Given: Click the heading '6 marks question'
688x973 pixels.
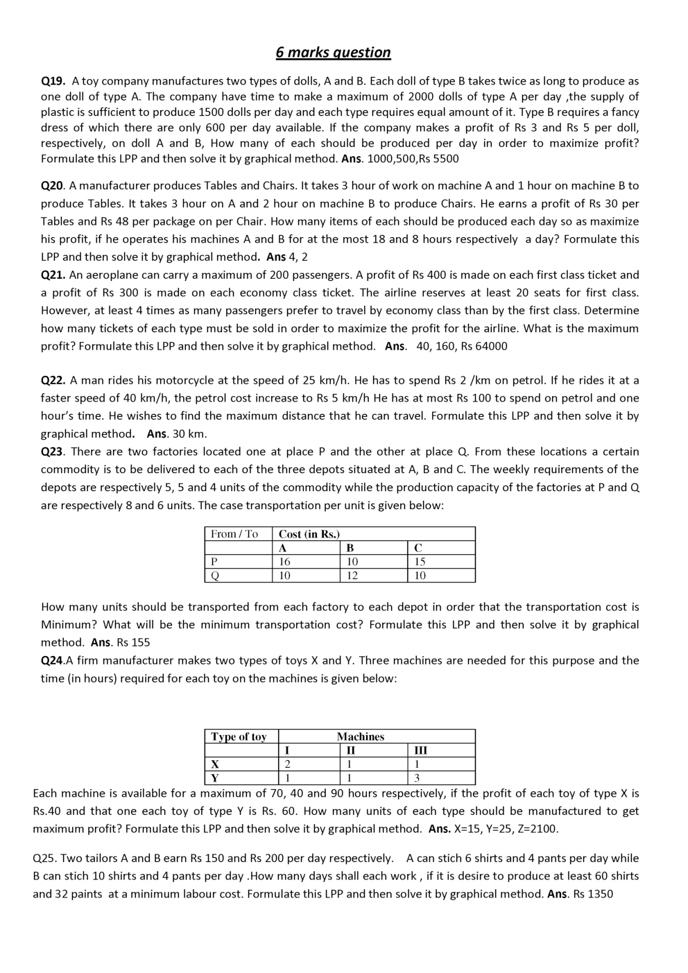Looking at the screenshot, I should click(x=333, y=52).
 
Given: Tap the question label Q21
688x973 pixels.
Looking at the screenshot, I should click(x=53, y=275).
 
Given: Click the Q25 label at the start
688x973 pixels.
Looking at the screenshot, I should click(x=45, y=859).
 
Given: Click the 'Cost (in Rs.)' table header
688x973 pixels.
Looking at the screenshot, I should click(x=309, y=534).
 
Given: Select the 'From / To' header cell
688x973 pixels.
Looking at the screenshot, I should click(x=234, y=534).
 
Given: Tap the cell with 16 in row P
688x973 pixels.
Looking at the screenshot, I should click(x=285, y=562).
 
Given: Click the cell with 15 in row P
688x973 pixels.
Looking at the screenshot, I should click(x=420, y=562).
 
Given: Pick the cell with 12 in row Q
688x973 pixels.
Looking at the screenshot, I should click(x=352, y=576).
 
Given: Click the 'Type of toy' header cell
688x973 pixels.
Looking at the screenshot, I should click(x=239, y=737).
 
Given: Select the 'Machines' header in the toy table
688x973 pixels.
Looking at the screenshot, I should click(x=361, y=737).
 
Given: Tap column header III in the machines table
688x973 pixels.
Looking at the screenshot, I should click(x=420, y=750).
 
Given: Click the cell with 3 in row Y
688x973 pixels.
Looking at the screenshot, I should click(x=417, y=778).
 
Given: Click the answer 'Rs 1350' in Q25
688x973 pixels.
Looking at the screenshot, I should click(x=592, y=894).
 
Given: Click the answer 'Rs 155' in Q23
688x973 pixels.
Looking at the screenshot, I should click(x=133, y=642).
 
